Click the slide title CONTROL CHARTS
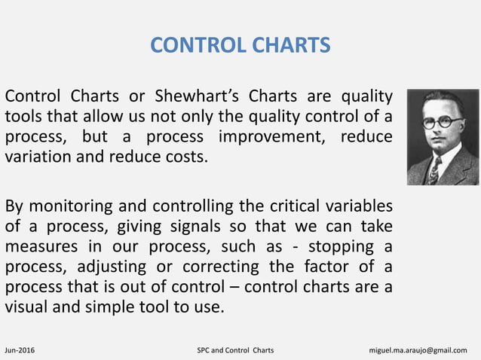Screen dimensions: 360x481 [240, 46]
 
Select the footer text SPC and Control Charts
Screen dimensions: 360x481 [234, 350]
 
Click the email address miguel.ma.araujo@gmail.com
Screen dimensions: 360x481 [422, 350]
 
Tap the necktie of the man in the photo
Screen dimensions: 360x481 [434, 170]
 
